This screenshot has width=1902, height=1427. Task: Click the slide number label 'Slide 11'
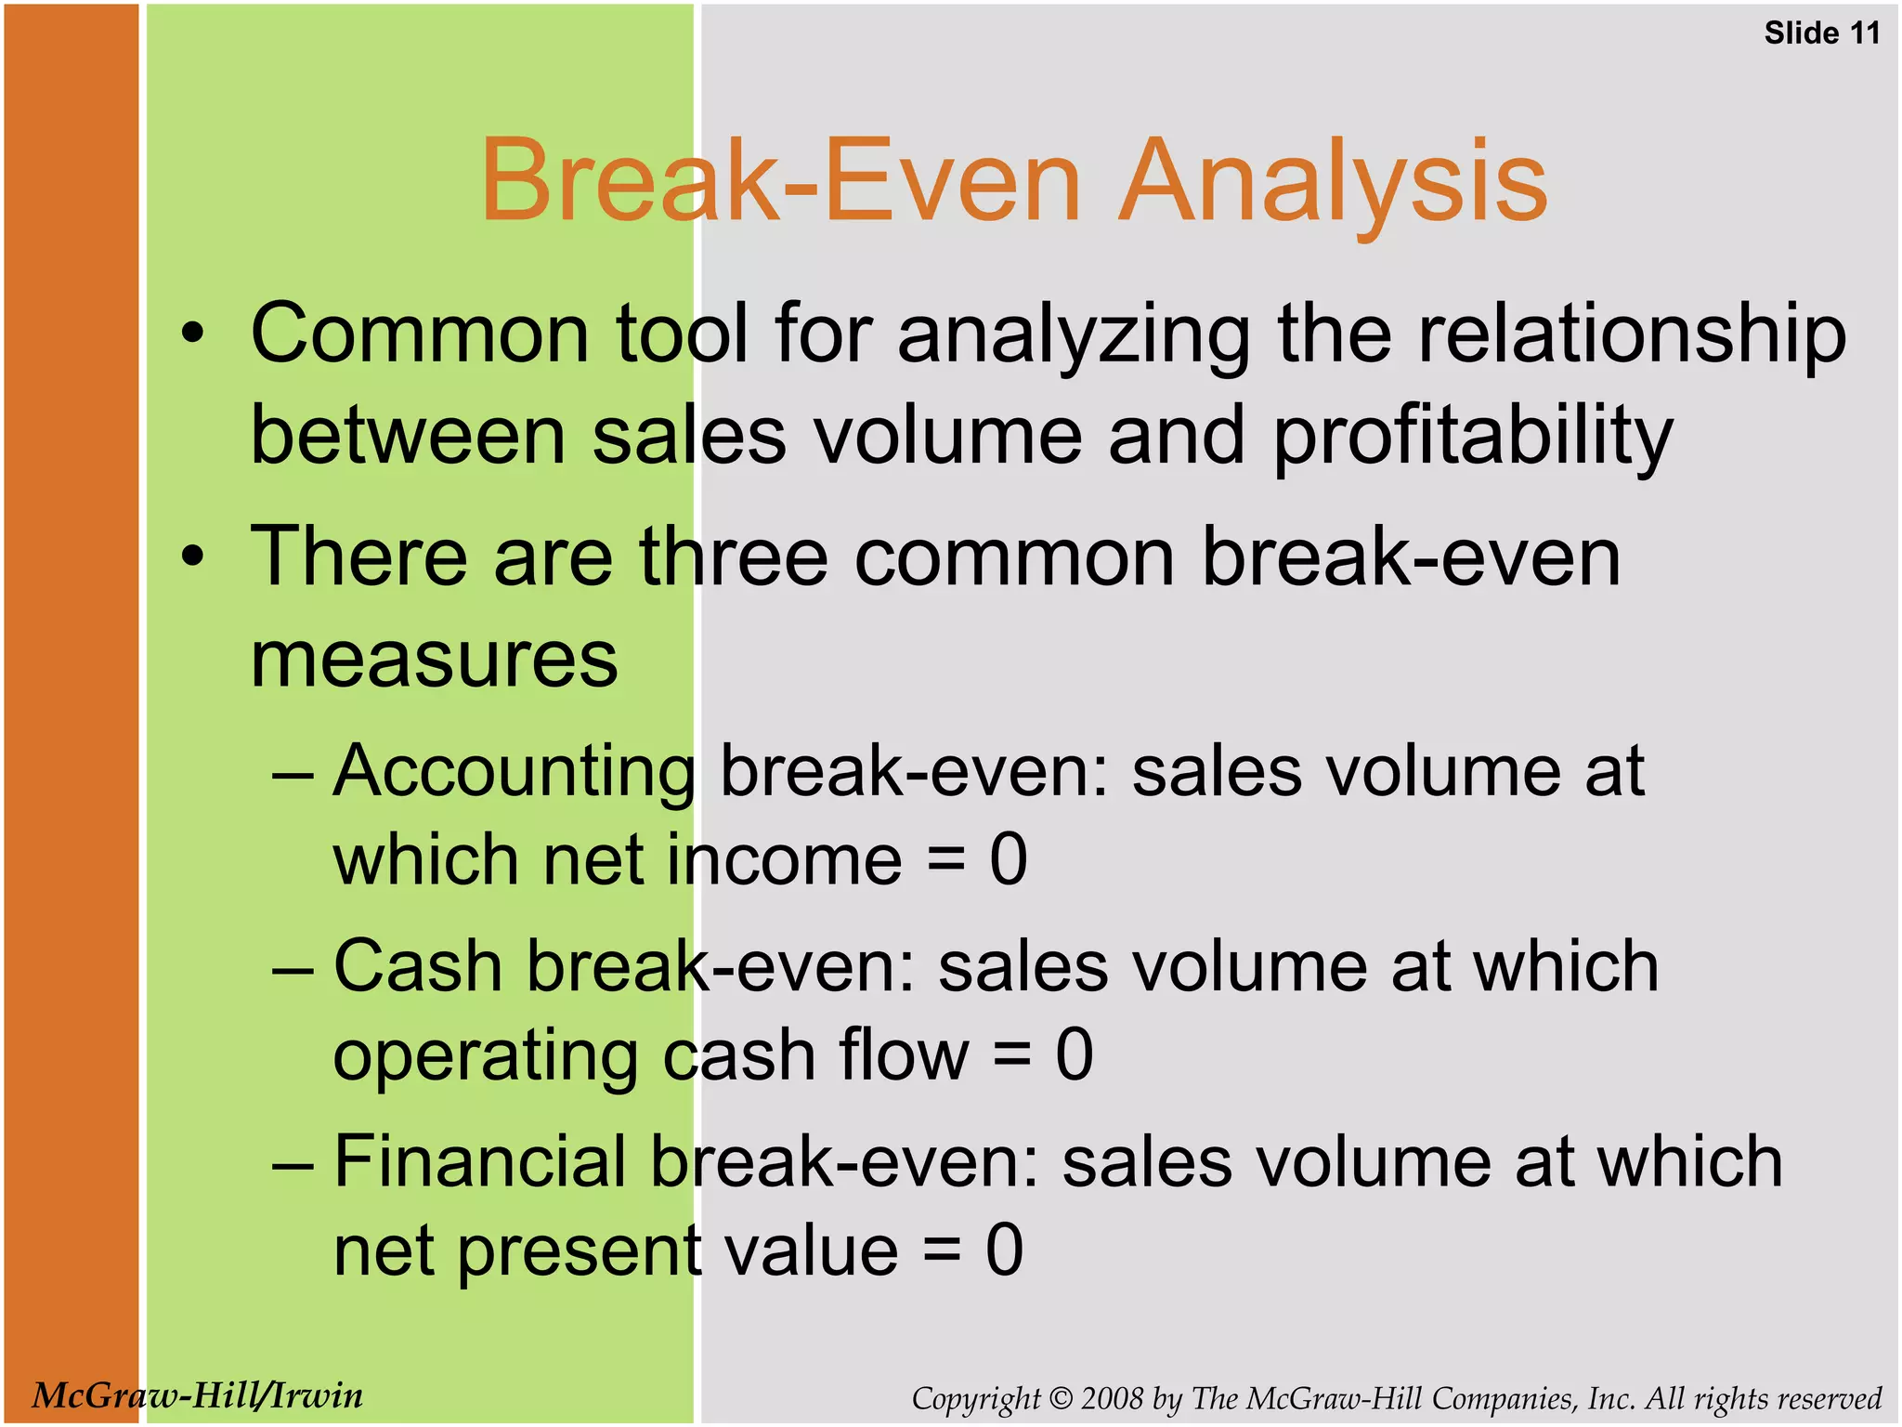1821,33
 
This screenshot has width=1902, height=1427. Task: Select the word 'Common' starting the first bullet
420,334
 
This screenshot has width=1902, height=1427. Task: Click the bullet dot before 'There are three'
192,557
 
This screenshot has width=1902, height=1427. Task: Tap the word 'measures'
434,660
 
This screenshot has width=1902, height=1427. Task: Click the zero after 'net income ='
1008,859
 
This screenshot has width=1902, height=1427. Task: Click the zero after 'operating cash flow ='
1074,1055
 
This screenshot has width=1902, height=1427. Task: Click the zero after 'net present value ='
1004,1250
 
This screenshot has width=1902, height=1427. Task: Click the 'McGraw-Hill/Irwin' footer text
197,1395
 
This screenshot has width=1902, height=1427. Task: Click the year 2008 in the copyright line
1112,1399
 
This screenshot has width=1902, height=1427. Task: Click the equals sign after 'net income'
944,861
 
